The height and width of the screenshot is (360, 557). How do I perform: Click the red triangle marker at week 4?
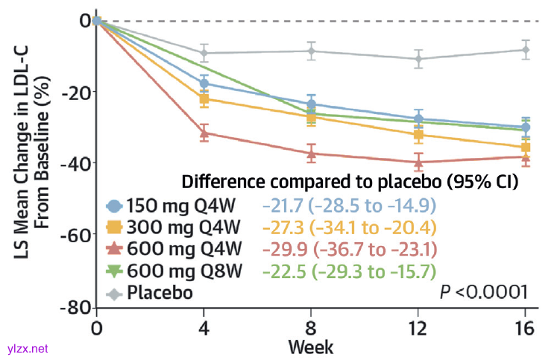[204, 133]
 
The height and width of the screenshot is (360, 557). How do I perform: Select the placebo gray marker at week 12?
[418, 58]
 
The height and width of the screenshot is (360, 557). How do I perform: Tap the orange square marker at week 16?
[526, 148]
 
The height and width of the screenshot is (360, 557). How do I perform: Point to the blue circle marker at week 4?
[204, 83]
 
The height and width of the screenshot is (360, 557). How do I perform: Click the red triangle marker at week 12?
[418, 162]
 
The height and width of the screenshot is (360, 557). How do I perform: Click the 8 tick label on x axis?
[311, 329]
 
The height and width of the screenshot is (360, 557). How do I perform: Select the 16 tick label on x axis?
[526, 329]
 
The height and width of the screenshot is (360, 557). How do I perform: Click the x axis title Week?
[311, 347]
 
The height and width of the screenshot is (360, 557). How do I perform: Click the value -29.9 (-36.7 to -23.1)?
[348, 248]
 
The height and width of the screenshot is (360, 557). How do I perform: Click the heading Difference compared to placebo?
[350, 181]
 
